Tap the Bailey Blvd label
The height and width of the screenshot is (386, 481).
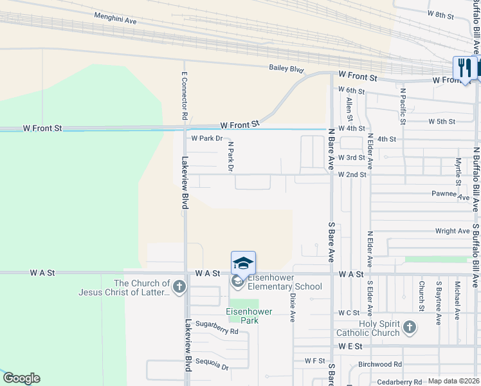pyautogui.click(x=286, y=68)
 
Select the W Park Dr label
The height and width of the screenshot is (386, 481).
pyautogui.click(x=206, y=138)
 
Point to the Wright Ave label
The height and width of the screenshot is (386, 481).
pyautogui.click(x=452, y=231)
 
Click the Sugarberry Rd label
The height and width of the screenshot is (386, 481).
pyautogui.click(x=217, y=332)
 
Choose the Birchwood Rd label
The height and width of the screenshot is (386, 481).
pyautogui.click(x=380, y=364)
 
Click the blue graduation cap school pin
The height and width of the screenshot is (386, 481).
pyautogui.click(x=243, y=263)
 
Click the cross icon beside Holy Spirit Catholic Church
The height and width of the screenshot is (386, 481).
pyautogui.click(x=409, y=328)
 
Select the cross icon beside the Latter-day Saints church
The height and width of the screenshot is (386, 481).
pyautogui.click(x=179, y=287)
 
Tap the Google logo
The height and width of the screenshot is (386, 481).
pyautogui.click(x=21, y=378)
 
